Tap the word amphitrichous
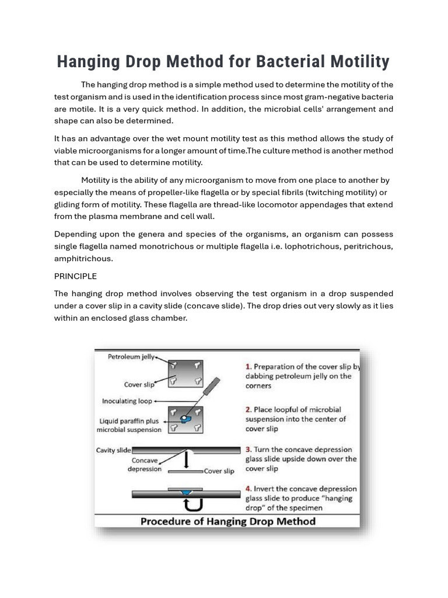point(83,258)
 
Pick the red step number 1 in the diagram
point(249,367)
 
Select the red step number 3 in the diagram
point(249,450)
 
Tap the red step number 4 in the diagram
point(249,489)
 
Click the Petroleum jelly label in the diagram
point(131,357)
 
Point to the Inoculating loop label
point(128,401)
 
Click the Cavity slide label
point(113,450)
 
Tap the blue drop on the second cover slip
point(186,418)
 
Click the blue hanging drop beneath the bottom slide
point(186,493)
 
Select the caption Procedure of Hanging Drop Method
point(227,521)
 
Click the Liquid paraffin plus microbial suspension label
point(129,425)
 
